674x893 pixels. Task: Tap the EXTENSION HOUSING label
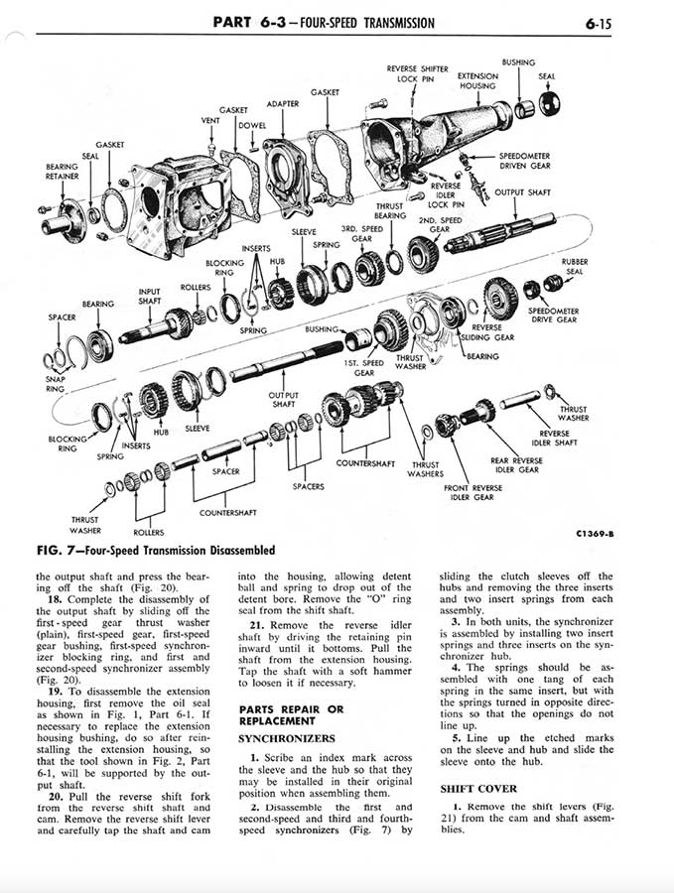pyautogui.click(x=477, y=80)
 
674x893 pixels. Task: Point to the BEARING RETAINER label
pyautogui.click(x=63, y=172)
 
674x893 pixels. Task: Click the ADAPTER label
pyautogui.click(x=283, y=103)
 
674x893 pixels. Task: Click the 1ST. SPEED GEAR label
pyautogui.click(x=364, y=367)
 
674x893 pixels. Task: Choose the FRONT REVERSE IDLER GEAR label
pyautogui.click(x=472, y=492)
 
